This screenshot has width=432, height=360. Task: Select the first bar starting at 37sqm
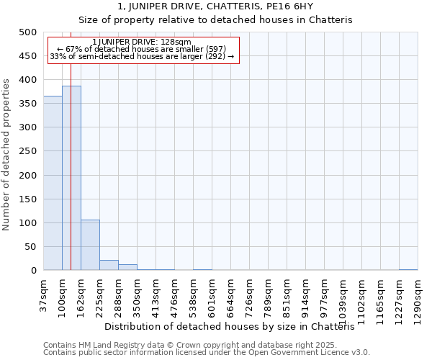(x=53, y=183)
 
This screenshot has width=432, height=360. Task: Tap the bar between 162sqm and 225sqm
(x=90, y=245)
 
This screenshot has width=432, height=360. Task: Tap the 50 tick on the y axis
(x=30, y=247)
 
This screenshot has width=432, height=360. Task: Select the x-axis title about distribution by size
(x=234, y=327)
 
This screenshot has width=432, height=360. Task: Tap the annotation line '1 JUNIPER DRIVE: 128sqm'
(x=142, y=42)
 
